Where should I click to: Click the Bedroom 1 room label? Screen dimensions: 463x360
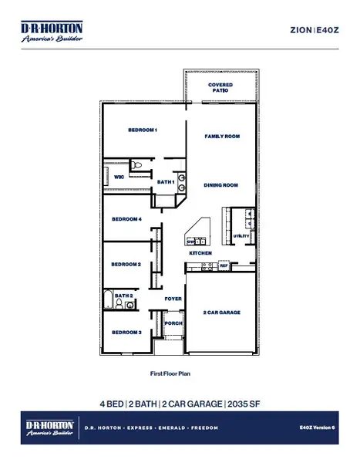pyautogui.click(x=143, y=130)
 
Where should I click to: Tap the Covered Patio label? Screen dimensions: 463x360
pyautogui.click(x=220, y=87)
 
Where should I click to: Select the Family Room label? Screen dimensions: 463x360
pyautogui.click(x=222, y=136)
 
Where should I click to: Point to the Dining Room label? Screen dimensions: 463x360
pyautogui.click(x=220, y=185)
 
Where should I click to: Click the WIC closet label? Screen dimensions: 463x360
pyautogui.click(x=119, y=177)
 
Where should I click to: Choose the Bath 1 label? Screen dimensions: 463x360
pyautogui.click(x=166, y=182)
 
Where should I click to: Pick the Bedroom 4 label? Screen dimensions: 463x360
pyautogui.click(x=126, y=219)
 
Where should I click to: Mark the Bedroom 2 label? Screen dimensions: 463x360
pyautogui.click(x=126, y=264)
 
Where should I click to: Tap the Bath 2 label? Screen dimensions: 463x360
pyautogui.click(x=123, y=295)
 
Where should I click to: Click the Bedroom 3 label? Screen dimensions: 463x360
pyautogui.click(x=126, y=332)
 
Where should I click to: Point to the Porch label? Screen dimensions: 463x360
pyautogui.click(x=173, y=323)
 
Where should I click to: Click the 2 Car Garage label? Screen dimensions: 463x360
pyautogui.click(x=222, y=313)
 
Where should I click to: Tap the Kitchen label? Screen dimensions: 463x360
pyautogui.click(x=200, y=253)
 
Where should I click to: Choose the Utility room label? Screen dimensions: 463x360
pyautogui.click(x=241, y=235)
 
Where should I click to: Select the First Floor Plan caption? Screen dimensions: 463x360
pyautogui.click(x=170, y=373)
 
